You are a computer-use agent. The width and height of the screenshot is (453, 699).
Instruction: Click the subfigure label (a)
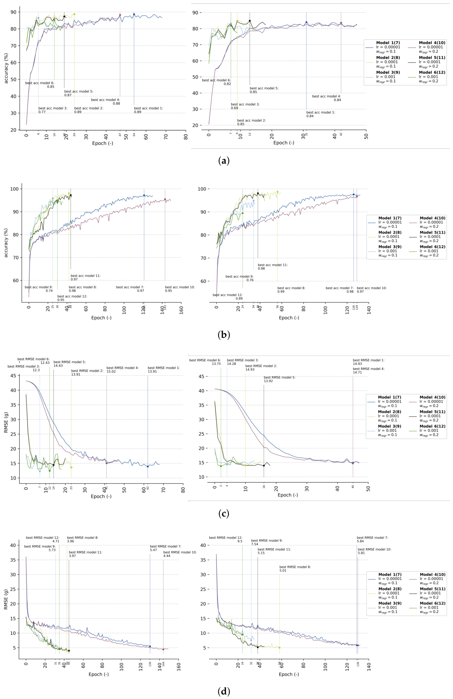[223, 161]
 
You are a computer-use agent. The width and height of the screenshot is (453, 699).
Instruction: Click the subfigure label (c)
[223, 514]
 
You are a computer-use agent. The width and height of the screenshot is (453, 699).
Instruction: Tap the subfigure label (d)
[223, 691]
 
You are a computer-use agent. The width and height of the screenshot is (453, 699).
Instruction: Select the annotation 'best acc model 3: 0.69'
[245, 106]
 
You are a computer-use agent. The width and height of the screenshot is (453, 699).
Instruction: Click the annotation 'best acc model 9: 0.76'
[239, 278]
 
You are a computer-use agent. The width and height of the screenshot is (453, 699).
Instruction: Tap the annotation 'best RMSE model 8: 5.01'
[295, 569]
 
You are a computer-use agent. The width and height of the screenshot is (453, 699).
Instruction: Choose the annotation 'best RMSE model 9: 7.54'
[266, 542]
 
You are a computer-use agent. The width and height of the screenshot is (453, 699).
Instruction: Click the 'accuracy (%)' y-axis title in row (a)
[6, 67]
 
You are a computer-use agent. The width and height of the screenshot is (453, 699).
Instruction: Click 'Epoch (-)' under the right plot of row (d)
[289, 674]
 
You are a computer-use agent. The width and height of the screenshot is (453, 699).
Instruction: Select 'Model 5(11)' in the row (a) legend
[432, 58]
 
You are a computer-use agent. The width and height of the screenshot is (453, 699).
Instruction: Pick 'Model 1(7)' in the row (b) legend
[390, 218]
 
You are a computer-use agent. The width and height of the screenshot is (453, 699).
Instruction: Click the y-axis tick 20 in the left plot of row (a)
[14, 130]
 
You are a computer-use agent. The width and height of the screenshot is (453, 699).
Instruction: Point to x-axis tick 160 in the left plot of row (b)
[181, 309]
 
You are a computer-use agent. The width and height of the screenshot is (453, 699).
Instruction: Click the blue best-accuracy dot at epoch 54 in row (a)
[134, 14]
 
